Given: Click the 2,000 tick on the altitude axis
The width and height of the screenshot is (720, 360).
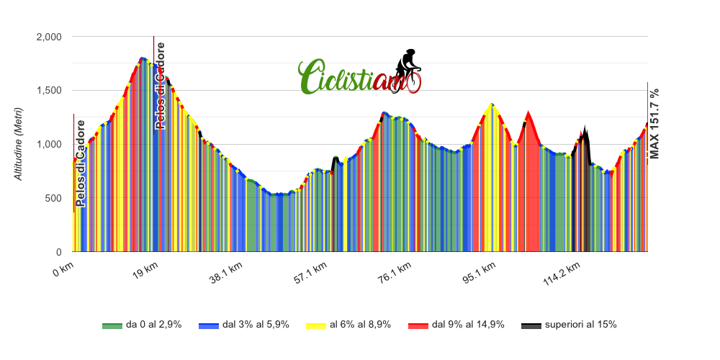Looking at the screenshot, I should [x=49, y=37].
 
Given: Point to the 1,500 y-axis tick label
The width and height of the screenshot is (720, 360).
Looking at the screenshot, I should [x=49, y=91].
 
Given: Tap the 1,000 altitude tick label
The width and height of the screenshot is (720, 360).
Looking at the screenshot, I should [x=49, y=145].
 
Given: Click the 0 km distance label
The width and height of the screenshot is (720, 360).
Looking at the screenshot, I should [x=63, y=271].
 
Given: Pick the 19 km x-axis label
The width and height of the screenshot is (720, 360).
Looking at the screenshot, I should [x=145, y=271].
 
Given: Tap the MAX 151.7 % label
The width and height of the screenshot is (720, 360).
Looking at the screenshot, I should [x=654, y=123].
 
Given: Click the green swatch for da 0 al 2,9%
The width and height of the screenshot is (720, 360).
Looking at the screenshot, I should [x=112, y=325].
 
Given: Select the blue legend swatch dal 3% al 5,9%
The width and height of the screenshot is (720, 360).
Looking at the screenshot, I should [x=208, y=325].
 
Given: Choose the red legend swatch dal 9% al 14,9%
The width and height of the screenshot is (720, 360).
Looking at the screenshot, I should [x=418, y=325].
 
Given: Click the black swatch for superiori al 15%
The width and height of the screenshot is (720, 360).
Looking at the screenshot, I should [x=531, y=325].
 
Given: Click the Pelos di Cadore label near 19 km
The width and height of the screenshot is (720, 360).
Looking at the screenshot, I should [x=161, y=86].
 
